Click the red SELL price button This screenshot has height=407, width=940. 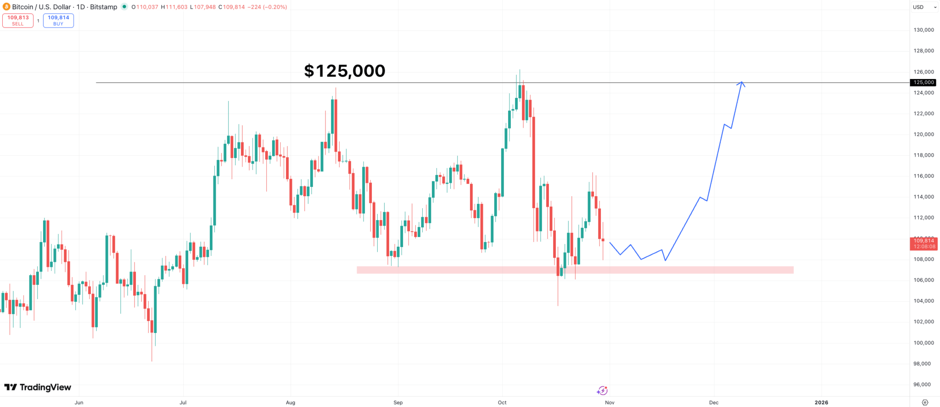click(18, 21)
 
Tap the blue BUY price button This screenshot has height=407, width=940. click(58, 21)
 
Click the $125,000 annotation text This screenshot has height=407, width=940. click(345, 71)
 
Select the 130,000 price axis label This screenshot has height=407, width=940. click(923, 30)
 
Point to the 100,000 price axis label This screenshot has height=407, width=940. click(923, 343)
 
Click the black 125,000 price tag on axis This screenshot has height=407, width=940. click(923, 83)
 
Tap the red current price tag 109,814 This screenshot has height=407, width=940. click(923, 243)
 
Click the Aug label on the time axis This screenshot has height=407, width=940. click(291, 402)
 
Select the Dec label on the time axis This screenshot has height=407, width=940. click(714, 402)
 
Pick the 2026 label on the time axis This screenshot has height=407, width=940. click(821, 402)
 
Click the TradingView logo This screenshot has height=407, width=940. click(38, 387)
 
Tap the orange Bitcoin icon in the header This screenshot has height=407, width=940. click(6, 7)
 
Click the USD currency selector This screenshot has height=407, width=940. click(924, 7)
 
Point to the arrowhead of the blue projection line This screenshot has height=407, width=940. click(741, 83)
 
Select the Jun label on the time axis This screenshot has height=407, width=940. click(79, 402)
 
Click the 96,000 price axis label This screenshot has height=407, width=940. click(923, 384)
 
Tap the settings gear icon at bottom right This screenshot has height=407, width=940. click(925, 402)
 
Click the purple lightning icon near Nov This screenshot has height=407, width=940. click(602, 390)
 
